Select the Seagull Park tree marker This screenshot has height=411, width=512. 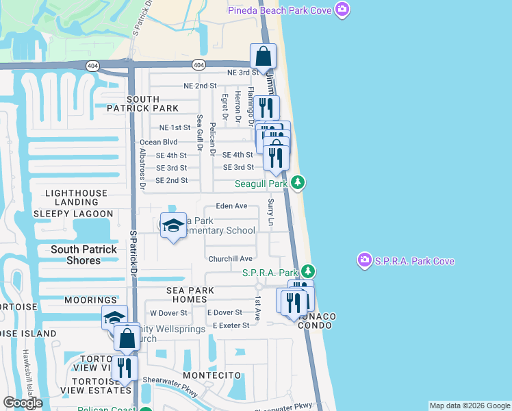tap(297, 183)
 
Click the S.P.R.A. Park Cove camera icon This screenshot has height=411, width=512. tap(364, 261)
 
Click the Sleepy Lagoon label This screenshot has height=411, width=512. tap(68, 213)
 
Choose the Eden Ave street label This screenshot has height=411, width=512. tap(231, 206)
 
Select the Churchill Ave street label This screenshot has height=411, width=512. tap(231, 259)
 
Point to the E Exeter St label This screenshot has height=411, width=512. tap(231, 325)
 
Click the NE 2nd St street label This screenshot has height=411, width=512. tap(200, 86)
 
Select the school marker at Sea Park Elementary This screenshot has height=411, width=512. tap(172, 225)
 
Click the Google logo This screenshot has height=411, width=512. tap(23, 403)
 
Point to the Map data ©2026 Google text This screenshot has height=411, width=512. tap(469, 406)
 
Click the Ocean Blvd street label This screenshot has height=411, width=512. tap(158, 142)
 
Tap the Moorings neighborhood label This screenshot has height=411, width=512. tap(90, 300)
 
